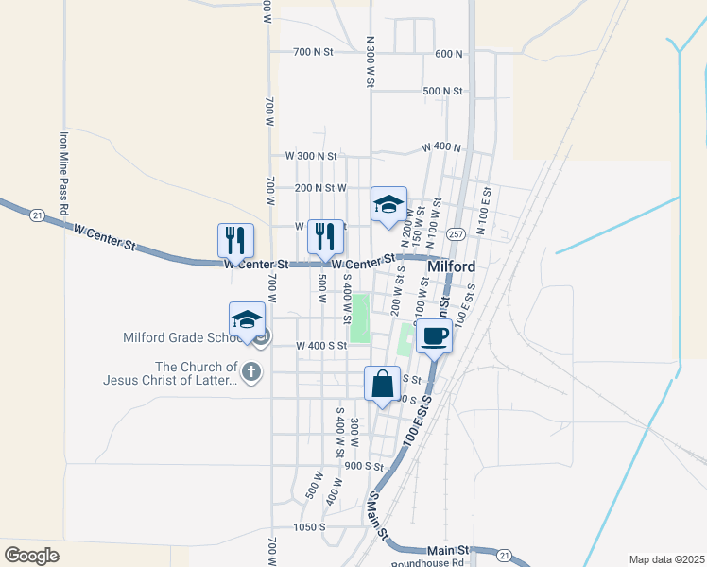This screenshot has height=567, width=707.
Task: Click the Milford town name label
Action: pyautogui.click(x=451, y=267)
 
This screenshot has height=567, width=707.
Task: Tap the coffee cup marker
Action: pyautogui.click(x=434, y=335)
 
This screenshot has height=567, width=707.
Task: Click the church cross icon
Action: pyautogui.click(x=250, y=372)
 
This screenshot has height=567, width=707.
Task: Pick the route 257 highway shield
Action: pyautogui.click(x=457, y=233)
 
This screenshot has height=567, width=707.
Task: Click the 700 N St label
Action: pyautogui.click(x=314, y=52)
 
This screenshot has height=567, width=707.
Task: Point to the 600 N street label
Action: pyautogui.click(x=448, y=54)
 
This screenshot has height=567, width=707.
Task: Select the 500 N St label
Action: pyautogui.click(x=443, y=91)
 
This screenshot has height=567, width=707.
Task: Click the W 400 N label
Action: pyautogui.click(x=441, y=147)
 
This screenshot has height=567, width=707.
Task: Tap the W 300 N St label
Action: pyautogui.click(x=311, y=155)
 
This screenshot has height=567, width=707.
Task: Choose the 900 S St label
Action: pyautogui.click(x=364, y=466)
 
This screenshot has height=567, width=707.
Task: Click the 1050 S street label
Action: pyautogui.click(x=309, y=526)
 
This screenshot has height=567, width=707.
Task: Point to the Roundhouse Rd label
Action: pyautogui.click(x=431, y=560)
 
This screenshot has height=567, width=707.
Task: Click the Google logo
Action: pyautogui.click(x=32, y=555)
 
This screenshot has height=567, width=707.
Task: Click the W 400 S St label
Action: pyautogui.click(x=321, y=346)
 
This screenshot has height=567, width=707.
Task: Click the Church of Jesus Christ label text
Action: pyautogui.click(x=170, y=373)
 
